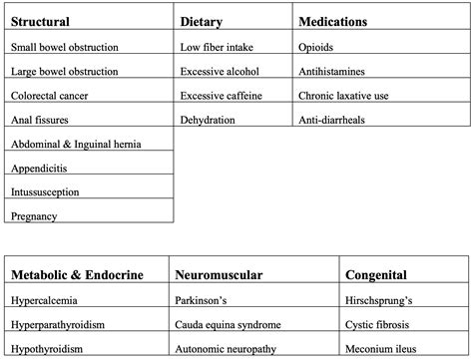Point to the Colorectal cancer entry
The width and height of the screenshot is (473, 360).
click(52, 96)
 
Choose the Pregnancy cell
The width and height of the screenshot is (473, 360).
click(34, 215)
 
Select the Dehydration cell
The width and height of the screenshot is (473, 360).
click(208, 120)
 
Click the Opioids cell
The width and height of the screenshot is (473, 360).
click(317, 47)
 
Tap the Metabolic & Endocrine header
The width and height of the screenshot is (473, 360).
click(77, 274)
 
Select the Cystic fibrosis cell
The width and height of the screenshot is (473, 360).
click(379, 324)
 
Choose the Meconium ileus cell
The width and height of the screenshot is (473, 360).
click(381, 349)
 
